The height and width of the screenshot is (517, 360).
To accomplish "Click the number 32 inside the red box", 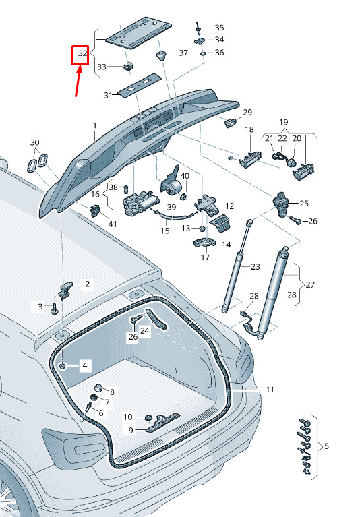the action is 82,53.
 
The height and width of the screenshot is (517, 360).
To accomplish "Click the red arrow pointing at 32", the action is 78,81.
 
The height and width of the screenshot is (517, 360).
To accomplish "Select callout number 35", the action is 219,28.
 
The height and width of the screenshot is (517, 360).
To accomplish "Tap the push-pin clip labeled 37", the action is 161,56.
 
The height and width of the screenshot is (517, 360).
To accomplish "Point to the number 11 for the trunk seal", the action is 270,390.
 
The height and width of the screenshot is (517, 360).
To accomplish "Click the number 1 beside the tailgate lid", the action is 95,125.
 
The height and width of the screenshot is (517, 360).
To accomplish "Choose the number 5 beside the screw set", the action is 326,446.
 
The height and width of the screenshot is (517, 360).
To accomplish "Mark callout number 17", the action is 205,257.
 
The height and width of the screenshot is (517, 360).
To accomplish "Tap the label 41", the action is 113,224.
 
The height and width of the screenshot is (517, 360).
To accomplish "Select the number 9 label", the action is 131,430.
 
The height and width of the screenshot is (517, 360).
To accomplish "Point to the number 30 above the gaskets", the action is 34,142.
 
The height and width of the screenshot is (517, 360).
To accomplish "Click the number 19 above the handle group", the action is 284,122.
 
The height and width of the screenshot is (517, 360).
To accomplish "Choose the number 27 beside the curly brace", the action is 310,284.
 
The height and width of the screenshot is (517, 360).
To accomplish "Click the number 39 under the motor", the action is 171,207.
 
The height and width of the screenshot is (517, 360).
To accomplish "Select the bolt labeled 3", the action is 54,309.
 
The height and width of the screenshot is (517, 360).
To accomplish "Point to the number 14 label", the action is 226,245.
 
